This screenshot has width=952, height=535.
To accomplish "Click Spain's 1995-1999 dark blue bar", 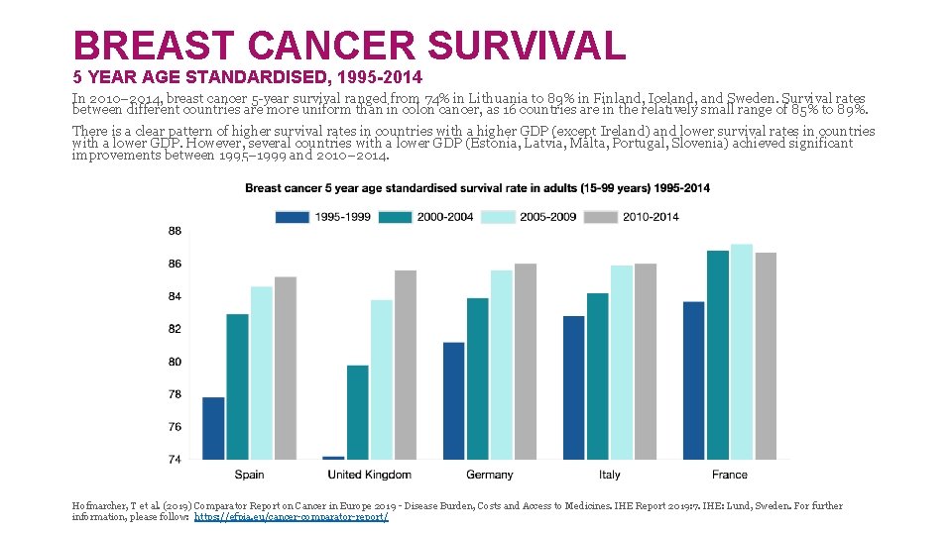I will [213, 428].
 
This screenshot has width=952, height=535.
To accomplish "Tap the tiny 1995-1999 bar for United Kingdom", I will [334, 458].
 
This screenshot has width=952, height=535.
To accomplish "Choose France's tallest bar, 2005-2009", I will [742, 352].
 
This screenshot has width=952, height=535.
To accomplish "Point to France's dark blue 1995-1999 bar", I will [694, 380].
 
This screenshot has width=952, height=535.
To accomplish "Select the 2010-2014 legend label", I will [651, 217].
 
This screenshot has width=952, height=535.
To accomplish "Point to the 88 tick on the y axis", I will [175, 231].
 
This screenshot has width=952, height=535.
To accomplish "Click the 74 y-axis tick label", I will [175, 460].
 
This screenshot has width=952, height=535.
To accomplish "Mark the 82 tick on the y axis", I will [175, 329].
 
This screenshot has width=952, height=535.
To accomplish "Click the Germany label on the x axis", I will [489, 476].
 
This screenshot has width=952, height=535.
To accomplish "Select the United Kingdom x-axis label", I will [369, 476].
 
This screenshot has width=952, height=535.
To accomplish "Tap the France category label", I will [730, 476].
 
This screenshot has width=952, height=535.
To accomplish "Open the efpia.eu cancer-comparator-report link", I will [292, 517].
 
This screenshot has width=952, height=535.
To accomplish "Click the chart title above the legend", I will [477, 188].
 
